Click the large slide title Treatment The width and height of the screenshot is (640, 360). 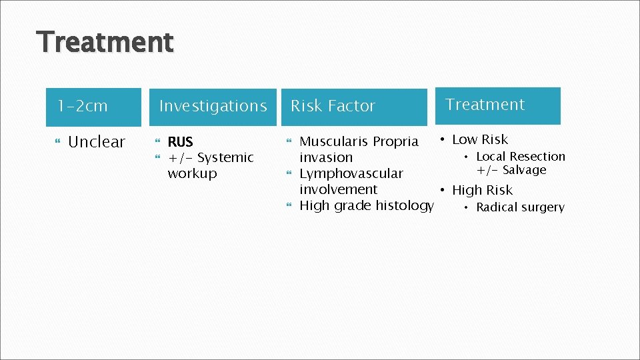coord(105,42)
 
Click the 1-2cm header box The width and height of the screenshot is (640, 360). coord(93,107)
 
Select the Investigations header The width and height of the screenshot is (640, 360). coord(213,107)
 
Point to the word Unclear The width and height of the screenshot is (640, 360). coord(97,142)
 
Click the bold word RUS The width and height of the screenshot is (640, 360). coord(180,142)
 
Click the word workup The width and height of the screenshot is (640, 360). coord(192,174)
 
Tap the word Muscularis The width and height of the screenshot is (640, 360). coord(334,142)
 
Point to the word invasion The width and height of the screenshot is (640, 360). coord(326,158)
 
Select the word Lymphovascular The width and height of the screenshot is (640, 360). coord(351,174)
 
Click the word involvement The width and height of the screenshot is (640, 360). coord(338,190)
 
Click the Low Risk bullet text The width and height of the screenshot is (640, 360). coord(480,140)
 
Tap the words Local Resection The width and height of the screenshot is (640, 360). coord(520,157)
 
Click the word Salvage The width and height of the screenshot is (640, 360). coord(524,170)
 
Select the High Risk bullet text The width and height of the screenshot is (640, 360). coord(482,191)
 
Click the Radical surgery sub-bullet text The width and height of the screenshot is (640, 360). coord(520,207)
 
